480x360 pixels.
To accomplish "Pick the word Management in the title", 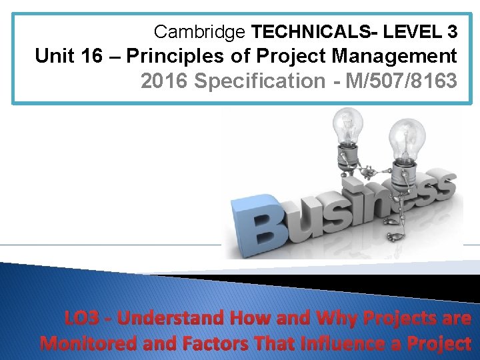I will point(389,55).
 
